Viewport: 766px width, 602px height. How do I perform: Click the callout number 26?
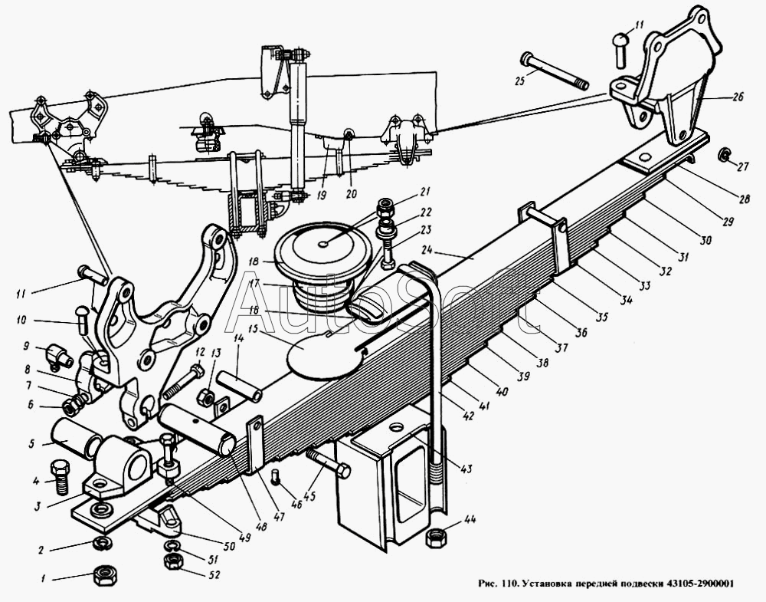click(x=738, y=97)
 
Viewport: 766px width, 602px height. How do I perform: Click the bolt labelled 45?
click(x=329, y=462)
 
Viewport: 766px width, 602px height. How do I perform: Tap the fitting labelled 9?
click(x=57, y=354)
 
